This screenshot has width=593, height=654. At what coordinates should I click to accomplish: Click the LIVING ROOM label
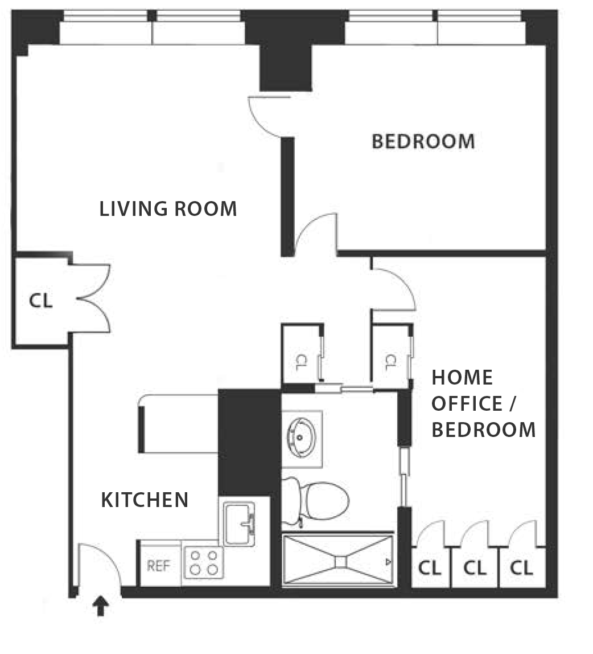pyautogui.click(x=168, y=209)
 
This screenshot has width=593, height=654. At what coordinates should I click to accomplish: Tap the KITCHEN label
pyautogui.click(x=145, y=500)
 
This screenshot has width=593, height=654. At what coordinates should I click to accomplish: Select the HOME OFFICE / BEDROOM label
pyautogui.click(x=483, y=404)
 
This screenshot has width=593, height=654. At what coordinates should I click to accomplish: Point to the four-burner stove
pyautogui.click(x=203, y=562)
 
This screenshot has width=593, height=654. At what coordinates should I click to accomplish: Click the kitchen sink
pyautogui.click(x=239, y=524)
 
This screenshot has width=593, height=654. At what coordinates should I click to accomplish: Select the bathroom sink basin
pyautogui.click(x=301, y=437)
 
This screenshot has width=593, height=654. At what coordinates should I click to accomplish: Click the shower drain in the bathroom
pyautogui.click(x=340, y=562)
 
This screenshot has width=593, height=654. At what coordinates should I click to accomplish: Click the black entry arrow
pyautogui.click(x=100, y=606)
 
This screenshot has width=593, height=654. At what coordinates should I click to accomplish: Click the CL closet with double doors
pyautogui.click(x=41, y=300)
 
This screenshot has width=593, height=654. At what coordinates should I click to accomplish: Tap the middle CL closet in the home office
pyautogui.click(x=475, y=567)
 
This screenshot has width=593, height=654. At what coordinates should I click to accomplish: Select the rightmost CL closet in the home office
pyautogui.click(x=522, y=567)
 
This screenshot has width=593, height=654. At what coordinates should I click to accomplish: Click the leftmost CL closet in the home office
pyautogui.click(x=430, y=567)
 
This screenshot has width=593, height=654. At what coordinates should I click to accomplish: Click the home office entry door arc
pyautogui.click(x=400, y=284)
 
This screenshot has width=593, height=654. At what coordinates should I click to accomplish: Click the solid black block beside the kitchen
pyautogui.click(x=249, y=442)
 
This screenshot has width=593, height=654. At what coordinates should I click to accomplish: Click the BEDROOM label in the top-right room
pyautogui.click(x=423, y=141)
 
